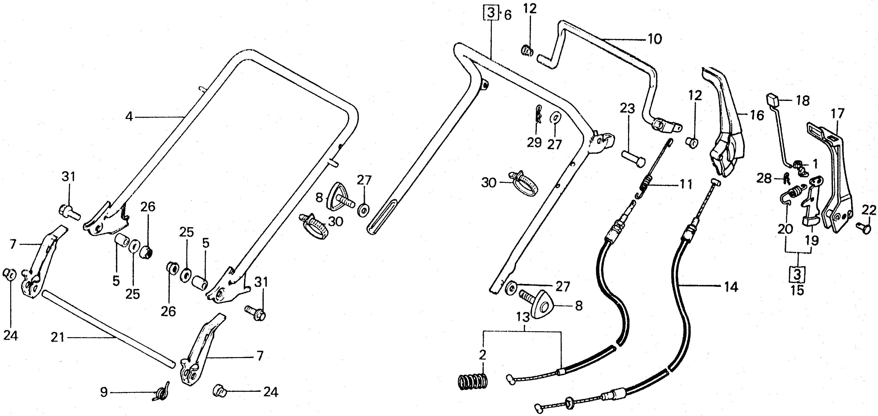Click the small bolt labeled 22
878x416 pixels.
[x=865, y=227]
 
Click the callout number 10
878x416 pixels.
[x=654, y=39]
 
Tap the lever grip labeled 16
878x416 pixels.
[x=726, y=130]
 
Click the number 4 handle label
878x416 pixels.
[x=129, y=117]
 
